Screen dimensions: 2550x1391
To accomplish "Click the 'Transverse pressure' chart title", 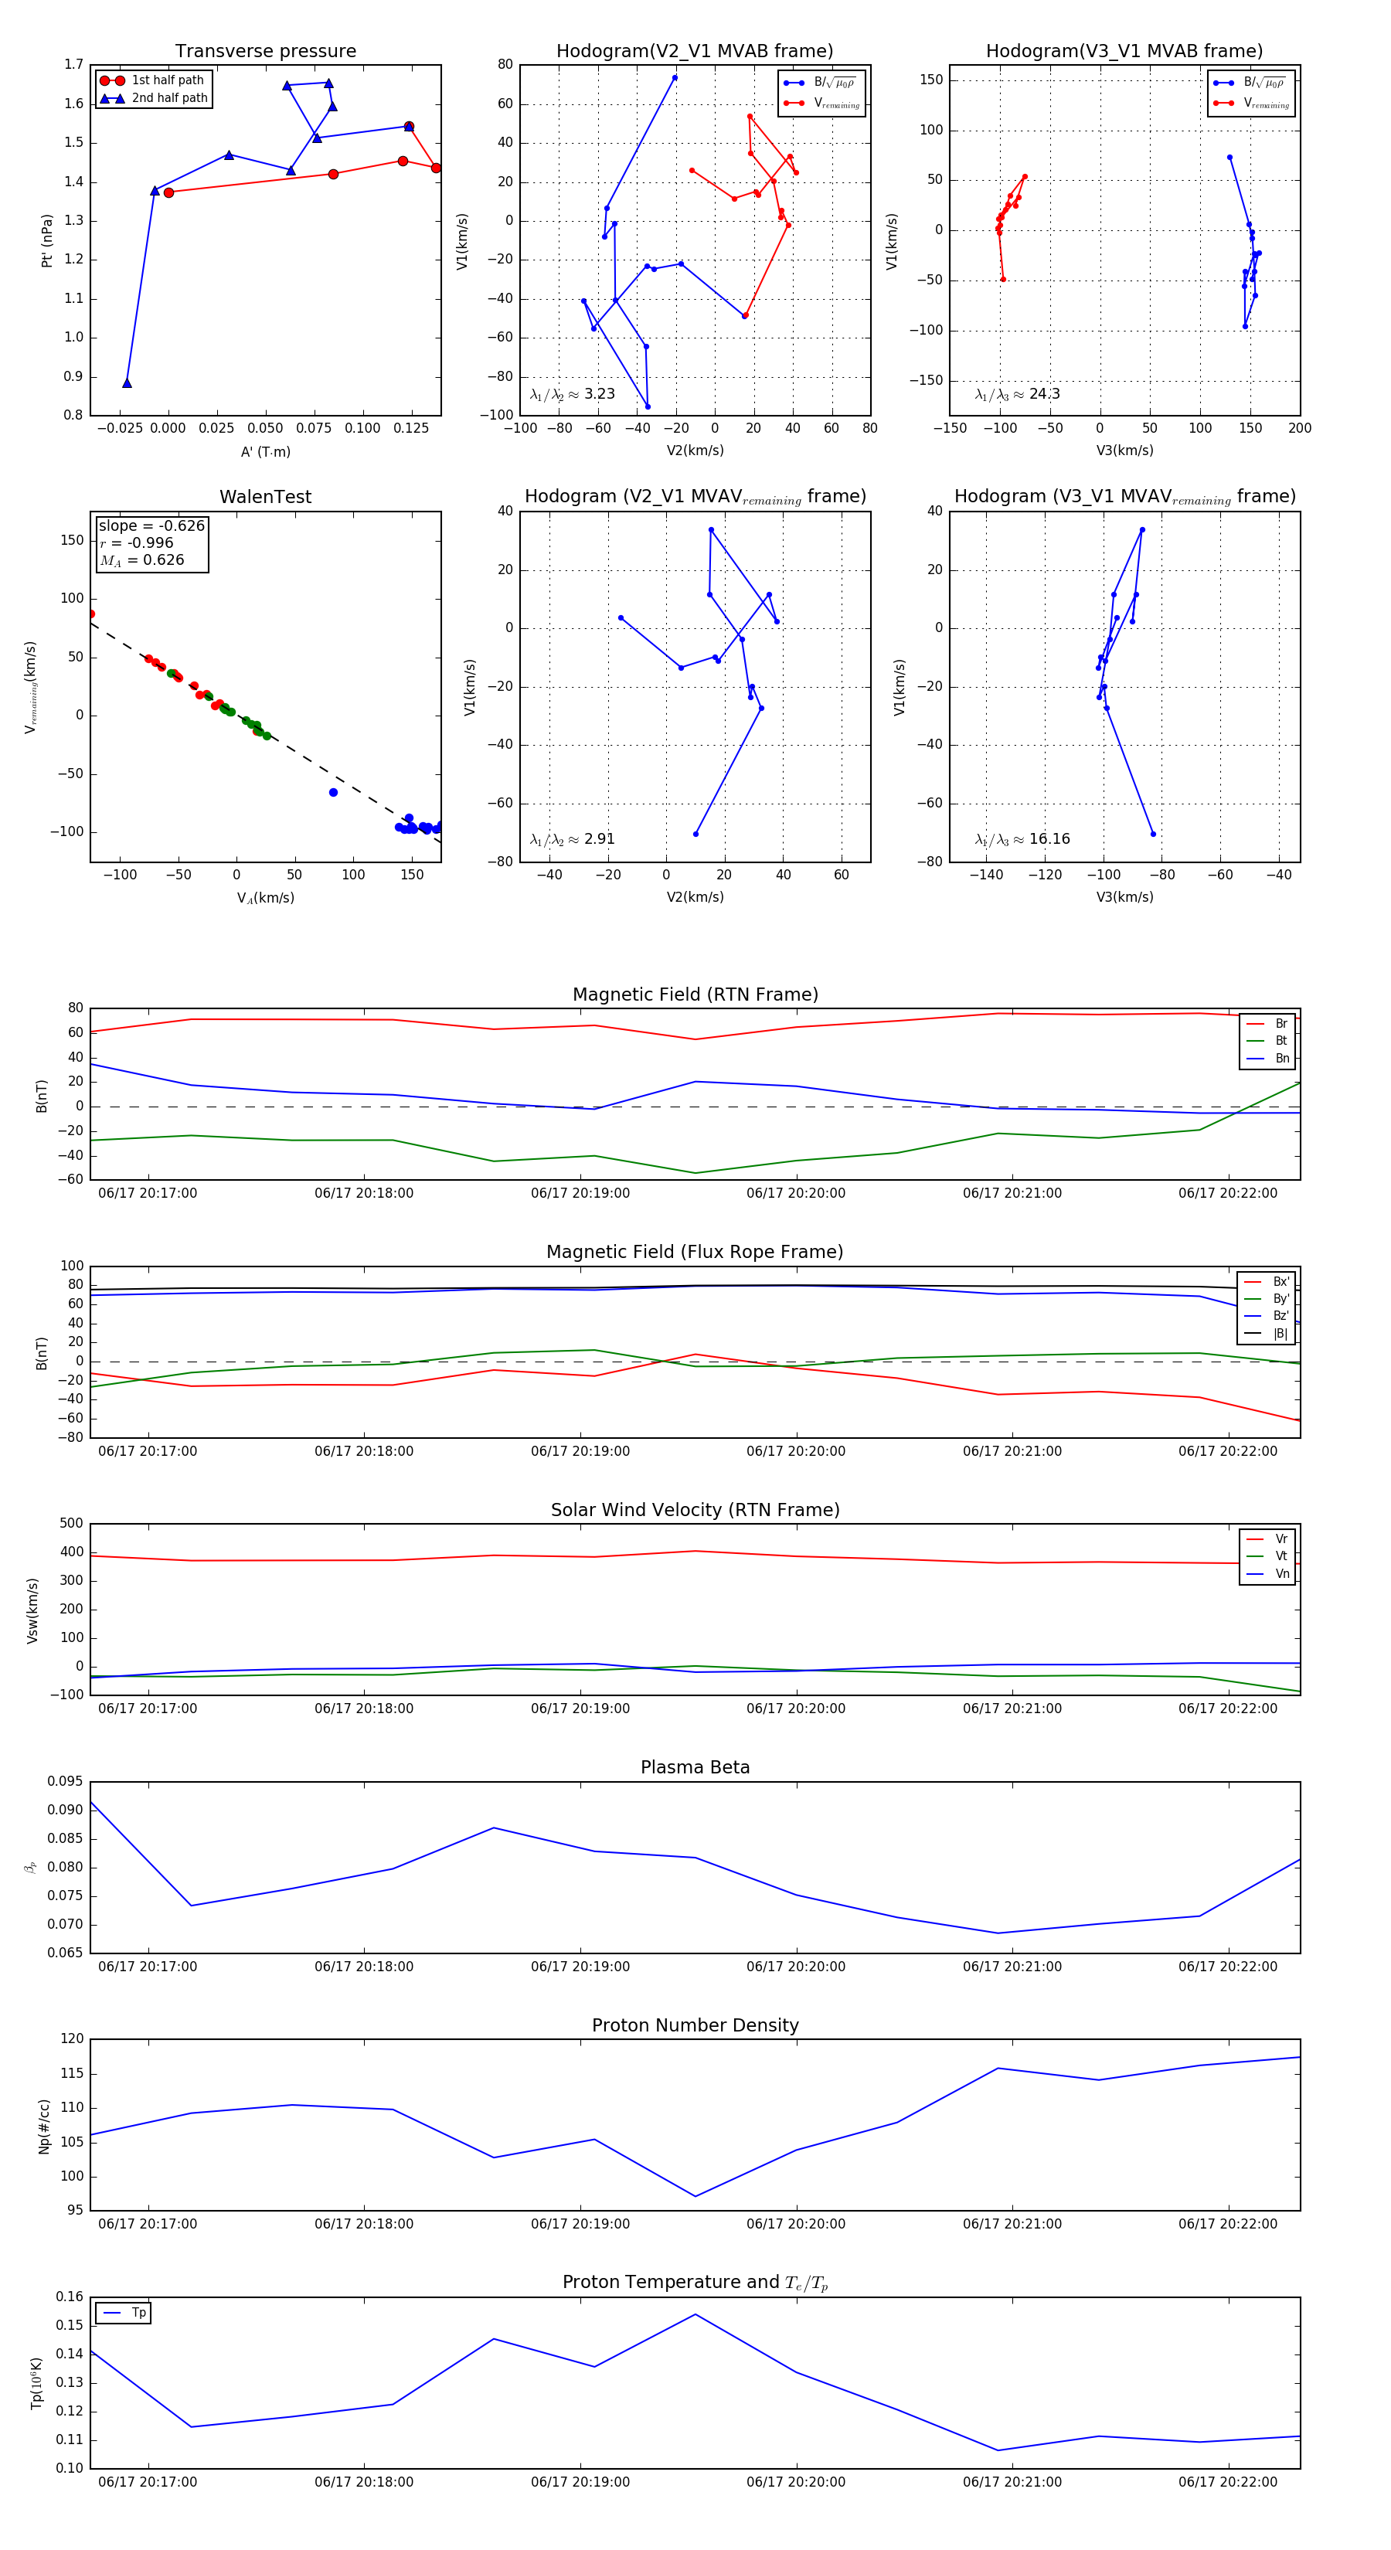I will pyautogui.click(x=265, y=52).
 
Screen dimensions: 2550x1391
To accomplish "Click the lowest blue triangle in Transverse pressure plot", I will pyautogui.click(x=127, y=383).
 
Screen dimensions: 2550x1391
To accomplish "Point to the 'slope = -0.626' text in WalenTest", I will pyautogui.click(x=151, y=525).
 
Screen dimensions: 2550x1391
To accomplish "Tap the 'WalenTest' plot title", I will pyautogui.click(x=265, y=497).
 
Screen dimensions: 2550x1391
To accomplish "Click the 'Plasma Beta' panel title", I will pyautogui.click(x=695, y=1767).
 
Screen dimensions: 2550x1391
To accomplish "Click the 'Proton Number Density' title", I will pyautogui.click(x=695, y=2025).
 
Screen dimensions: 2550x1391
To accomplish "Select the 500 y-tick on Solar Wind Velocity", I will pyautogui.click(x=71, y=1524).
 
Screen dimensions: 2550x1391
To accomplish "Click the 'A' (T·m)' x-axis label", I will pyautogui.click(x=265, y=451).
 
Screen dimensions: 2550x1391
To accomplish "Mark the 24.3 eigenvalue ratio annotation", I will pyautogui.click(x=1017, y=394).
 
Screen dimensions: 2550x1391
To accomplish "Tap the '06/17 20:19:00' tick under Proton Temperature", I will pyautogui.click(x=580, y=2482).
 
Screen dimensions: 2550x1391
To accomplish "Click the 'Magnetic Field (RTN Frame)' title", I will pyautogui.click(x=695, y=994).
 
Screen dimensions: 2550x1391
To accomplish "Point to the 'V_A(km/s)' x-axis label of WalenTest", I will pyautogui.click(x=265, y=898).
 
